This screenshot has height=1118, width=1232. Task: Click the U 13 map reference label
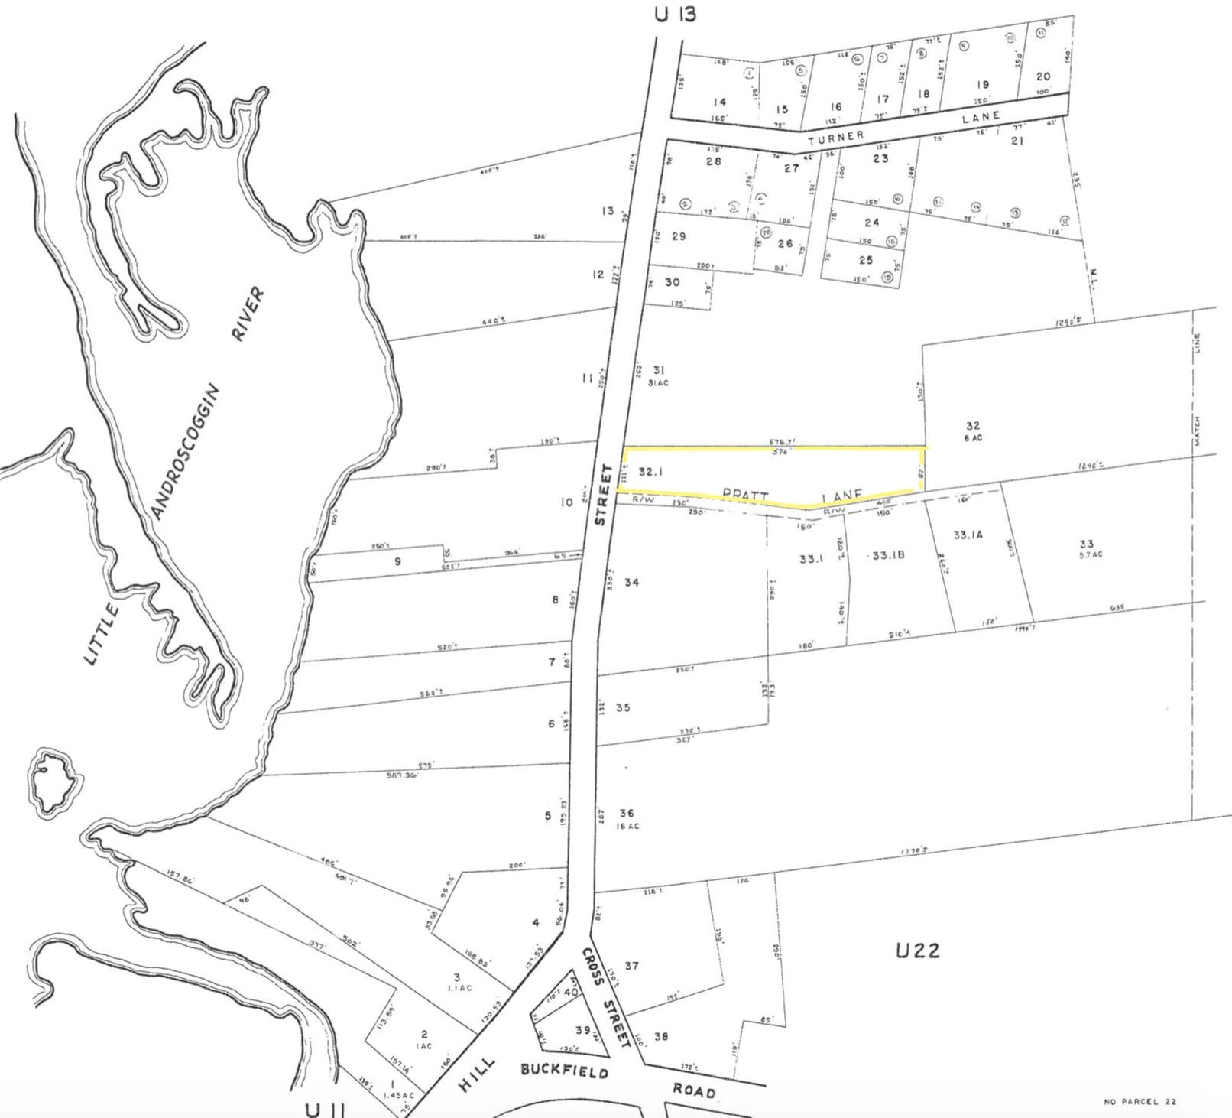click(x=676, y=14)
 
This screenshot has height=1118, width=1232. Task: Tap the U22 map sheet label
click(x=917, y=951)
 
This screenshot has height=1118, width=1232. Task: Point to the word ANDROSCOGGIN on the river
click(x=185, y=452)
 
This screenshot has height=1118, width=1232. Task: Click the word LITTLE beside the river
click(x=102, y=634)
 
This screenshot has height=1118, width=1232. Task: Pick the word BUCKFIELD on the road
click(x=565, y=1071)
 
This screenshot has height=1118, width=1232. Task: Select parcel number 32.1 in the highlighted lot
click(x=650, y=473)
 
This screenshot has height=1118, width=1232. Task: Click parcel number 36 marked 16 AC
click(x=627, y=814)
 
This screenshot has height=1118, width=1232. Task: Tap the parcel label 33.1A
click(x=968, y=535)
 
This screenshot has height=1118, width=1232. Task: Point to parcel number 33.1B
click(x=889, y=555)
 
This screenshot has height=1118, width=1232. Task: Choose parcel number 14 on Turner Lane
click(x=718, y=102)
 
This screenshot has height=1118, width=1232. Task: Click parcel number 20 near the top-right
click(x=1043, y=76)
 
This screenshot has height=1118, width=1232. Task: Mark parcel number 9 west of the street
click(x=397, y=561)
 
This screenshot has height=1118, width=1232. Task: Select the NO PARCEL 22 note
click(x=1140, y=1101)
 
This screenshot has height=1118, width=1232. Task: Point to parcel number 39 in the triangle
click(x=583, y=1030)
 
